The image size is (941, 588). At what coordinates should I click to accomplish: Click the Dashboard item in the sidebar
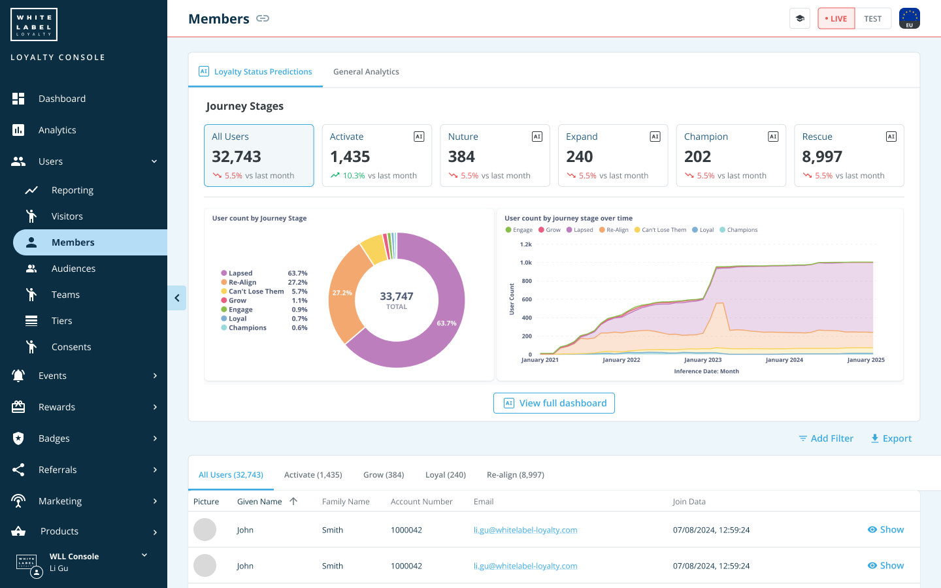point(61,99)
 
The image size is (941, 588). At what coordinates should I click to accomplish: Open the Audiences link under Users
point(73,269)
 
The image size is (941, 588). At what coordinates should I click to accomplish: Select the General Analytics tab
point(366,72)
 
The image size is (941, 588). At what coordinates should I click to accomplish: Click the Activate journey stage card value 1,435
point(350,157)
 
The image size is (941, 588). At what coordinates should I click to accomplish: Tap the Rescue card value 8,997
point(821,157)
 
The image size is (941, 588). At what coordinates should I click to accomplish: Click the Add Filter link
point(826,438)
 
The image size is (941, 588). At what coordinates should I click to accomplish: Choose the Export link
point(891,438)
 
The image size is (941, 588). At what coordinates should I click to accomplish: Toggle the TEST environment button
point(872,19)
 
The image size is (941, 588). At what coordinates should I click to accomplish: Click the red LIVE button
point(836,19)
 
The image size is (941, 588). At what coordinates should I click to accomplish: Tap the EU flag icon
point(909,18)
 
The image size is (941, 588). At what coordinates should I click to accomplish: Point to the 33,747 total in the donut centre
point(397,297)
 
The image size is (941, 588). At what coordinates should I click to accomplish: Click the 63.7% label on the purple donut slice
point(446,323)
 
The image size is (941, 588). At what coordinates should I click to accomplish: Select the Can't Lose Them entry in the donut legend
point(256,291)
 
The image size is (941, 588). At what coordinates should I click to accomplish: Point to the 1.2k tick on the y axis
point(525,244)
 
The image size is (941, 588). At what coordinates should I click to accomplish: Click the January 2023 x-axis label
point(702,360)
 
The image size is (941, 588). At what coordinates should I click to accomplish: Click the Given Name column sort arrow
point(293,501)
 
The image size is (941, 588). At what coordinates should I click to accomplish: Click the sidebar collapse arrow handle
point(177,298)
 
